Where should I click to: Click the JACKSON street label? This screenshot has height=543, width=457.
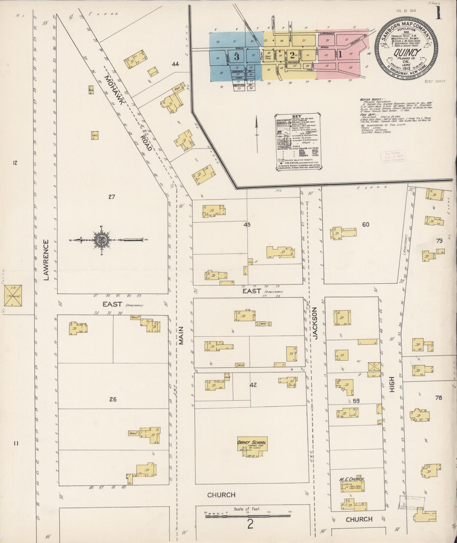[315, 323]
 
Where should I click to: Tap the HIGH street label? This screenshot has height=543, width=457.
[392, 385]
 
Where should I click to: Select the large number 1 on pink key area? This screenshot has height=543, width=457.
[340, 54]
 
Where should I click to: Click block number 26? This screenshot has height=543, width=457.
[113, 399]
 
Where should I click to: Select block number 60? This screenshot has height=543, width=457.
[366, 225]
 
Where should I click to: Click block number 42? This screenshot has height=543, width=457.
[253, 385]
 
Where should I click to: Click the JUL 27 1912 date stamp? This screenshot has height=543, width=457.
[406, 10]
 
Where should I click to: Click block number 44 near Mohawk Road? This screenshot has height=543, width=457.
[176, 64]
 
